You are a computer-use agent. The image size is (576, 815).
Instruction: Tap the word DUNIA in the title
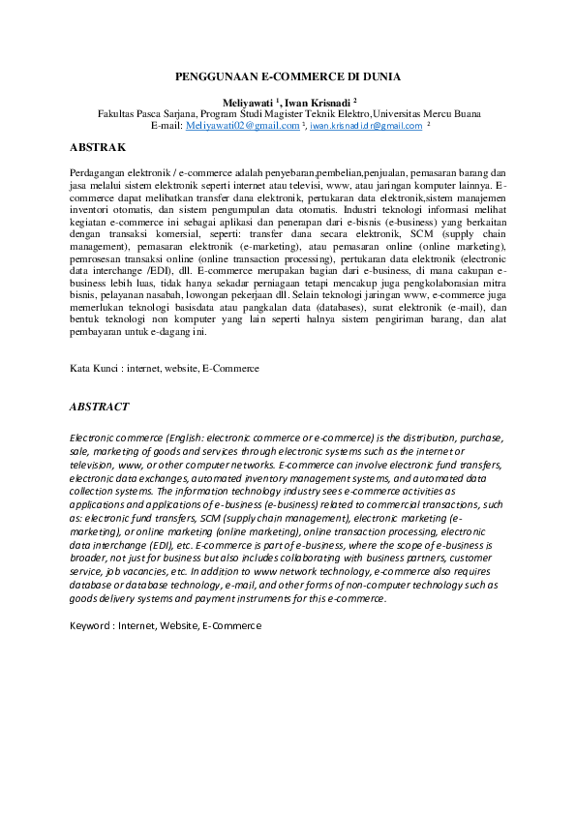pyautogui.click(x=380, y=75)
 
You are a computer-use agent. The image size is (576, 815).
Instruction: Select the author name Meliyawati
pyautogui.click(x=247, y=101)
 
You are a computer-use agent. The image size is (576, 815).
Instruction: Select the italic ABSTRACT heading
pyautogui.click(x=100, y=407)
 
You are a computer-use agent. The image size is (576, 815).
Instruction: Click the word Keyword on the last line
pyautogui.click(x=90, y=626)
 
